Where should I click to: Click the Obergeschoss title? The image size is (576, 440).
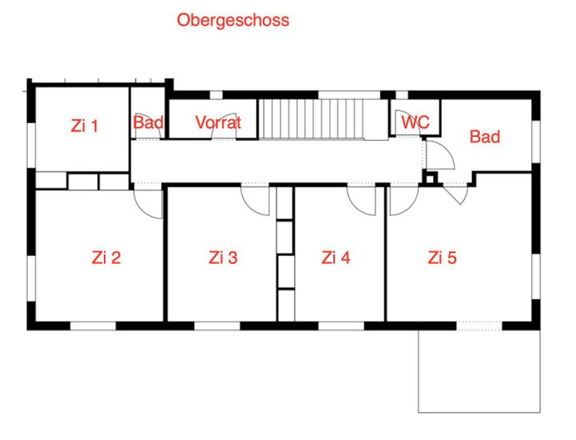click(x=233, y=20)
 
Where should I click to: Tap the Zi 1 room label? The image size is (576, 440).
click(x=85, y=126)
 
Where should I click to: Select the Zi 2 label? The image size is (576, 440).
click(x=106, y=258)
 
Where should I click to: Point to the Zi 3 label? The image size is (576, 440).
click(x=223, y=258)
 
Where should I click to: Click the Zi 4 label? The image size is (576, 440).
click(x=336, y=258)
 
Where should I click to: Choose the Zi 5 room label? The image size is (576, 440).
click(x=442, y=258)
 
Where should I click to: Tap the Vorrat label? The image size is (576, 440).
click(x=218, y=122)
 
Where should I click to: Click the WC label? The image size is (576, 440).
click(x=415, y=122)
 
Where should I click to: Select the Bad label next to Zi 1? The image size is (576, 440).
click(x=148, y=122)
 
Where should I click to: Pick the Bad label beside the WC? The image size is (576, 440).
click(x=485, y=137)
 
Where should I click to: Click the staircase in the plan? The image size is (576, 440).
click(x=312, y=118)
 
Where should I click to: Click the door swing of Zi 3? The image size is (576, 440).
click(x=256, y=201)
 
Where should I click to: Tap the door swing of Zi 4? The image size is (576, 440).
click(x=361, y=201)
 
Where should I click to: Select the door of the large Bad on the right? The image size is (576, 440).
click(x=441, y=155)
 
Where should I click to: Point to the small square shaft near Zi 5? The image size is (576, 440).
click(x=430, y=178)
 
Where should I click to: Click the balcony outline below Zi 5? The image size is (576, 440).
click(x=479, y=412)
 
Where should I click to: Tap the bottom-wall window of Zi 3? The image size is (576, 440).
click(x=217, y=326)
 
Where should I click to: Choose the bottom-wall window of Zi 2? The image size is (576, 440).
click(x=93, y=326)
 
